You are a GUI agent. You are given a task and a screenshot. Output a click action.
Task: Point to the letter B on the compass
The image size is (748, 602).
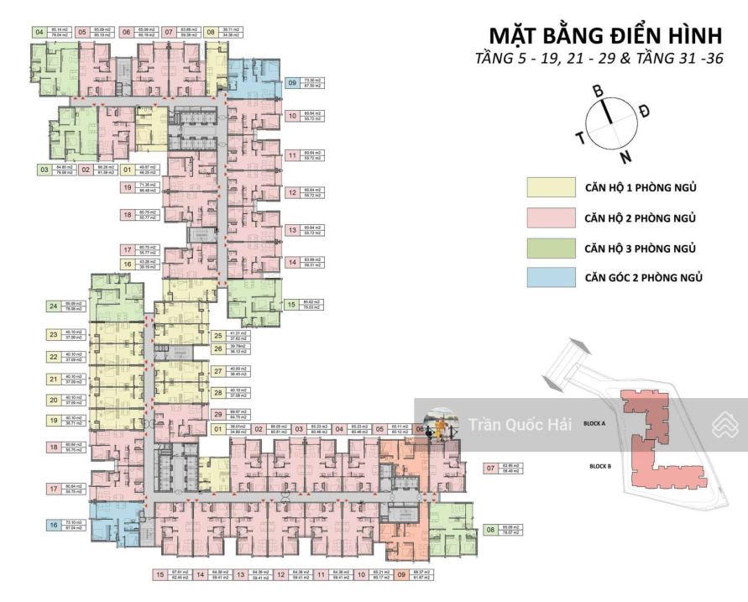[x=599, y=91]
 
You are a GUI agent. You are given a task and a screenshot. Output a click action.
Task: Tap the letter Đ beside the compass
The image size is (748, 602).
[x=645, y=111]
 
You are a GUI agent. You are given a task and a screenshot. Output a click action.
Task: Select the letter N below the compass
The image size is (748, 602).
[x=625, y=156]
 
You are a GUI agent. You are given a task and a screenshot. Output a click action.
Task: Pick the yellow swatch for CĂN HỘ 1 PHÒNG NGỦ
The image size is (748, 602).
[x=551, y=187]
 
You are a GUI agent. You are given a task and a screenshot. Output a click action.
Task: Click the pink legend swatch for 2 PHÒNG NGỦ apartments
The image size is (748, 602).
[x=551, y=218]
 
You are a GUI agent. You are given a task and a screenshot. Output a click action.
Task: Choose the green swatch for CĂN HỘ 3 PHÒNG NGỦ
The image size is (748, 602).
[x=551, y=249]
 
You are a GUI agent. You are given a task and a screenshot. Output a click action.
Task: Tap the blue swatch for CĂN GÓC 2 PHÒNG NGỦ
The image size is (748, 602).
[x=551, y=278]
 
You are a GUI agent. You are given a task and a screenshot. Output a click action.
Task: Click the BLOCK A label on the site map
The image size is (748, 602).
[x=594, y=425]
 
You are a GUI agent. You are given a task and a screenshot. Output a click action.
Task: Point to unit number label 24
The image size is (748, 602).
[x=54, y=306]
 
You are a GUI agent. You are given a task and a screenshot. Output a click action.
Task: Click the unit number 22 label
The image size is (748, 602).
[x=54, y=357]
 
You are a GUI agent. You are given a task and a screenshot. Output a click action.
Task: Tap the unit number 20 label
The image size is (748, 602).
[x=54, y=400]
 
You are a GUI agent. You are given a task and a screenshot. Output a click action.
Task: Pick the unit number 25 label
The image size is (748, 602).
[x=218, y=336]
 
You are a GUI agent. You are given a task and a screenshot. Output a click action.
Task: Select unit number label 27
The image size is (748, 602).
[x=218, y=371]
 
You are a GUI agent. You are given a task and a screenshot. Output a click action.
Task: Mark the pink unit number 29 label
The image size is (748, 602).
[x=218, y=413]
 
